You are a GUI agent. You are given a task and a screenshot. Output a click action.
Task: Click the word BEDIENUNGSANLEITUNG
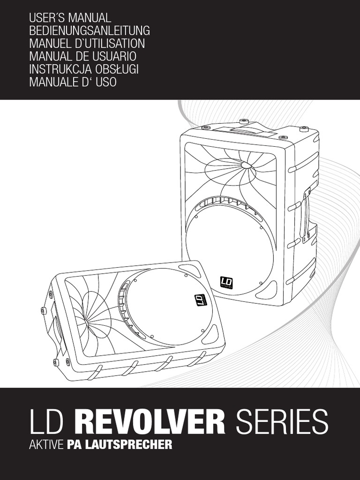coord(89,31)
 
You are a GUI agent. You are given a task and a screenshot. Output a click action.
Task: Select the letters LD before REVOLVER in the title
coord(48,422)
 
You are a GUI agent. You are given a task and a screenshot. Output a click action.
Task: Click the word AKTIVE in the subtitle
coord(45,444)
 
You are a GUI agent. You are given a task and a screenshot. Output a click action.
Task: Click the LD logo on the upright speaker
coord(226,282)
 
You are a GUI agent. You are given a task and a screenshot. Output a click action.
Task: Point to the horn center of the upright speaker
coord(246,165)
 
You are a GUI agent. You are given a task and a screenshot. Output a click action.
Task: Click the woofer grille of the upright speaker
coord(230,244)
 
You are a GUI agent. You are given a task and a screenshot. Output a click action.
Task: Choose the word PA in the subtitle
coord(74,444)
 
